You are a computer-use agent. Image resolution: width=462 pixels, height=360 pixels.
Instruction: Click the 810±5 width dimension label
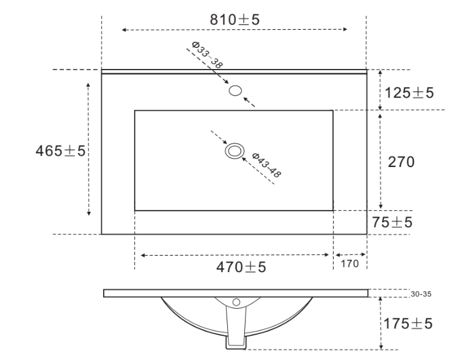point(235,20)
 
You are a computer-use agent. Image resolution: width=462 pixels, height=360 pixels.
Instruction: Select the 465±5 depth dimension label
point(60,151)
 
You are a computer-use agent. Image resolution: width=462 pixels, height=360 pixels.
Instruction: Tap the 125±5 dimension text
point(409,93)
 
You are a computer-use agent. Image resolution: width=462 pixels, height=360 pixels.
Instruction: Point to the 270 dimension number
point(401,162)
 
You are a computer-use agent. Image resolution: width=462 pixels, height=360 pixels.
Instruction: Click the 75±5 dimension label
point(392,222)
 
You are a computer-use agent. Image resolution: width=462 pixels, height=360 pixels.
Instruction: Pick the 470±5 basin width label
point(241,268)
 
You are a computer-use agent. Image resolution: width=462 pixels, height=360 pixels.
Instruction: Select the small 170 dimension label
point(350,264)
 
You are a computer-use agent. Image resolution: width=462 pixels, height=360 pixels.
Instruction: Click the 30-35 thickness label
point(421,294)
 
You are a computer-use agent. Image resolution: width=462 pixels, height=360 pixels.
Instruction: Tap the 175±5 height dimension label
point(408,323)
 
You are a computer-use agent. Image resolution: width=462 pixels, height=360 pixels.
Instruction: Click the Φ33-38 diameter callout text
point(207,55)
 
